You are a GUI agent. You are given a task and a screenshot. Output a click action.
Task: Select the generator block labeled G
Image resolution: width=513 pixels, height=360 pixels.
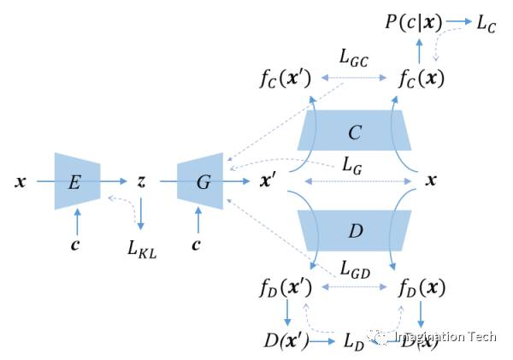[x=200, y=181]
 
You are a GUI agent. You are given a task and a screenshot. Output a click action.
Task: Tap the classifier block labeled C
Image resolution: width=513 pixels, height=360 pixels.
[x=354, y=133]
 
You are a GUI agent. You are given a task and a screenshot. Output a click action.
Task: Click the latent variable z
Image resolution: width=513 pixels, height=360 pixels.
[x=141, y=181]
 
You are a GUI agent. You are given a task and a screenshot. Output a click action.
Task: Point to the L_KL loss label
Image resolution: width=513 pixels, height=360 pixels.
[x=143, y=249]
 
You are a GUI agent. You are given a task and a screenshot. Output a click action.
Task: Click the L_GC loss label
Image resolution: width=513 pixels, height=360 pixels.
[x=354, y=58]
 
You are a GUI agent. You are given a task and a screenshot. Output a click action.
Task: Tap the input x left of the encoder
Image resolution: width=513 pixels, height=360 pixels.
[x=19, y=181]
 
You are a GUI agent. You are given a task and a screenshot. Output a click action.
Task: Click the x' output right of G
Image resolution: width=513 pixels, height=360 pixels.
[x=267, y=181]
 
